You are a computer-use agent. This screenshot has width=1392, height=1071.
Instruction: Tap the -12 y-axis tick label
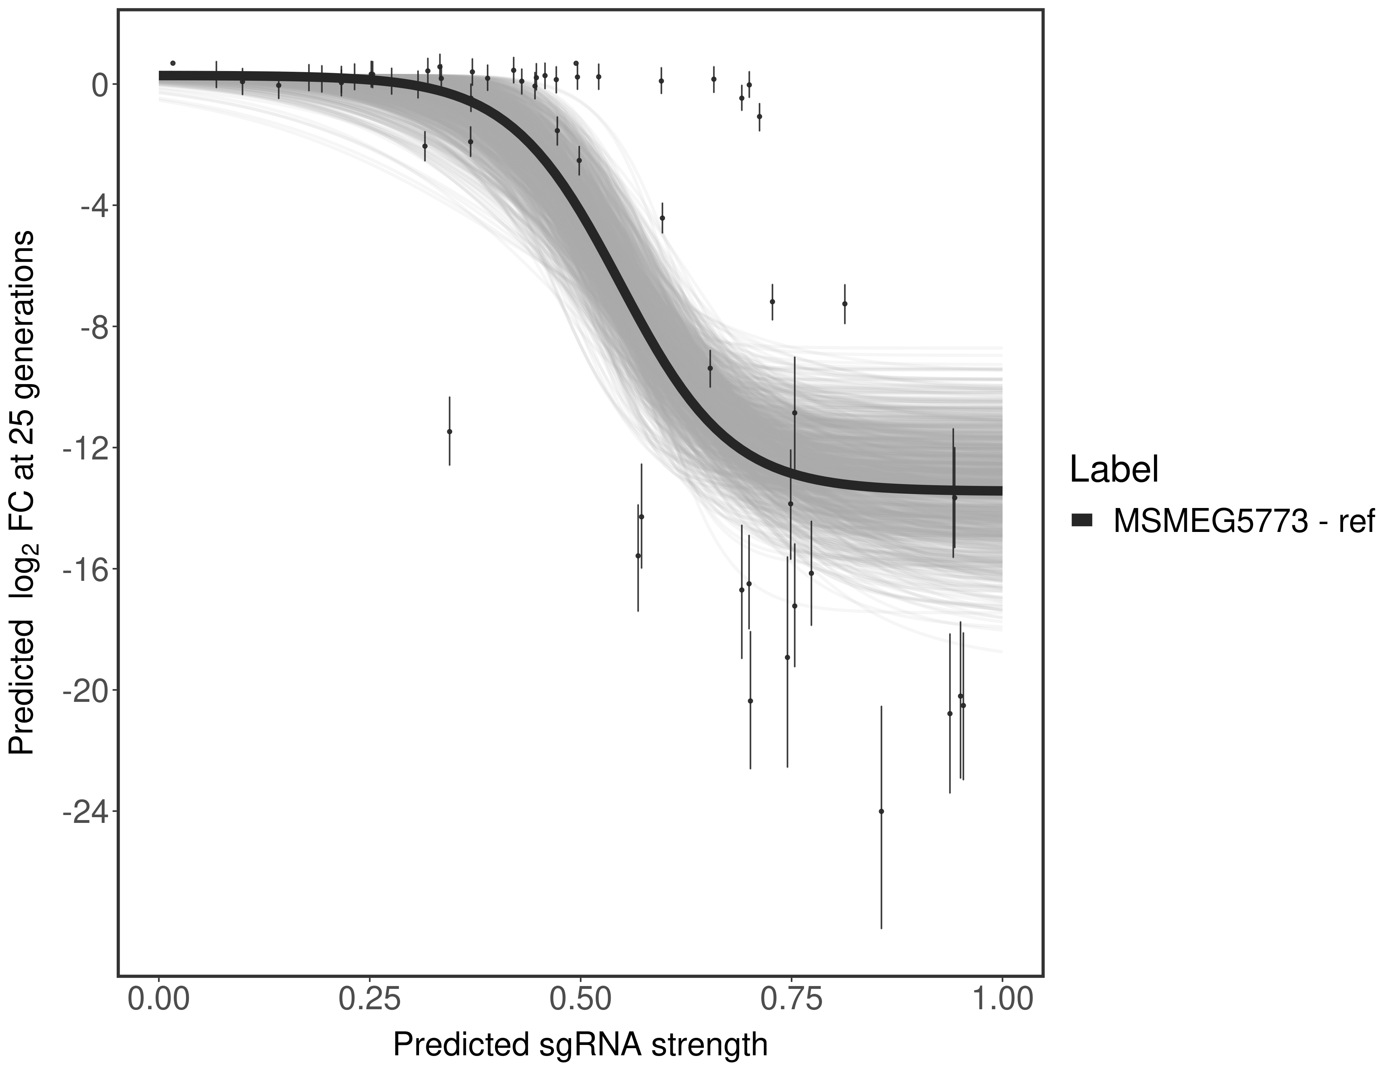tap(83, 448)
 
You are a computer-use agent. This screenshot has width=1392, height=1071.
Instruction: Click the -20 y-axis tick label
tap(83, 690)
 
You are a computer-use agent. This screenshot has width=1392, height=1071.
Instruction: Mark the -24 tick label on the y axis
tap(83, 811)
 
